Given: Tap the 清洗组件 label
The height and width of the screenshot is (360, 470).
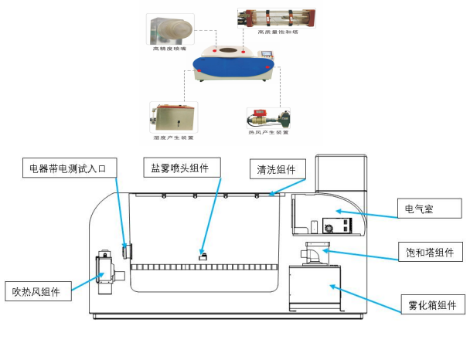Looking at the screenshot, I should pyautogui.click(x=277, y=169).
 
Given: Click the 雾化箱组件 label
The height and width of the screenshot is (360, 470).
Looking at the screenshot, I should pyautogui.click(x=432, y=304).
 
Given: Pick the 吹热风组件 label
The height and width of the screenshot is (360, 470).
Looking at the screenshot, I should pyautogui.click(x=37, y=290).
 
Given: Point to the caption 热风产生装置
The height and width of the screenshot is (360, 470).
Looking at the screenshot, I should pyautogui.click(x=267, y=132).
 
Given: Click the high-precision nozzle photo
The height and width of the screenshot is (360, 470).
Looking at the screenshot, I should pyautogui.click(x=170, y=29).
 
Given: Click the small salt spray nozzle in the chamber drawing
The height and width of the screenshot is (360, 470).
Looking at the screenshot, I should pyautogui.click(x=203, y=256).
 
